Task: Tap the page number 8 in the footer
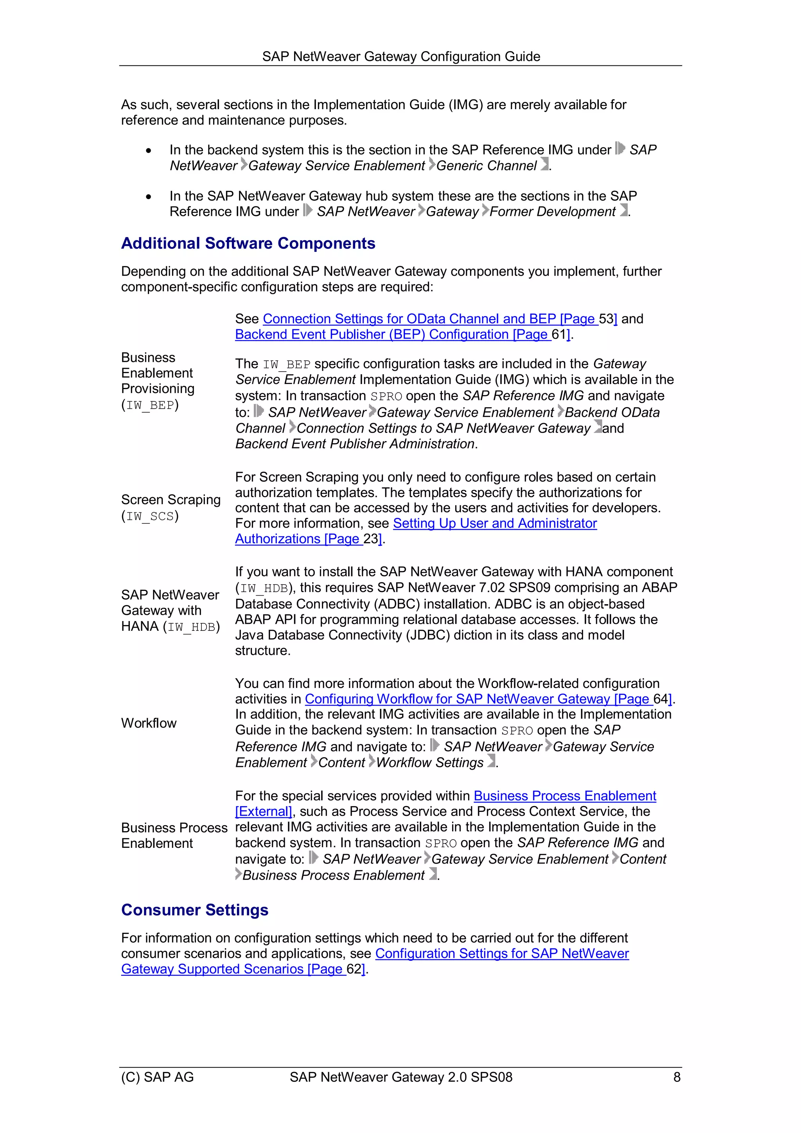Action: [x=677, y=1077]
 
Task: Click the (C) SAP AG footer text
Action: [x=158, y=1077]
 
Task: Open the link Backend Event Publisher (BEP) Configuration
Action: [x=392, y=334]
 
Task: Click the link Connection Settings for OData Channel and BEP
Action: [x=429, y=319]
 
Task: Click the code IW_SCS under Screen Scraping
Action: [x=150, y=516]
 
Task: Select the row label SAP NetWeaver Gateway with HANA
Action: [x=170, y=610]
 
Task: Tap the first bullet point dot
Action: [x=149, y=151]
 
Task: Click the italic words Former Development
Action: [x=552, y=212]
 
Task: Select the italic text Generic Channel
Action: [x=486, y=166]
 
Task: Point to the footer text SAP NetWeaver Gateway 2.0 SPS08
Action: [x=401, y=1077]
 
